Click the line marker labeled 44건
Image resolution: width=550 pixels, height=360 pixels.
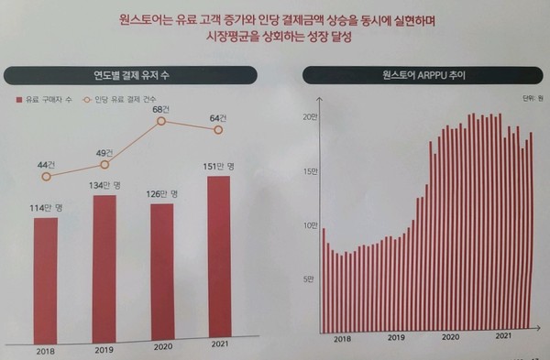coord(46,175)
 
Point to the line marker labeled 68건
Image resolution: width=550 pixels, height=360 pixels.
coord(161,121)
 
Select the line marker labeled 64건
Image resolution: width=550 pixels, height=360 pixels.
coord(218,130)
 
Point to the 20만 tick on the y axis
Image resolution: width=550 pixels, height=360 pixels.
coord(309,116)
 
